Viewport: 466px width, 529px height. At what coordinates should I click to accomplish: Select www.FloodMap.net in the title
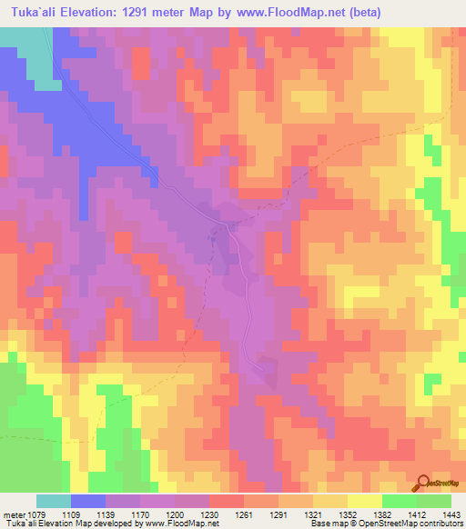pos(295,13)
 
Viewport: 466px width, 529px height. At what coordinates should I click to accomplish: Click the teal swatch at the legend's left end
pos(53,501)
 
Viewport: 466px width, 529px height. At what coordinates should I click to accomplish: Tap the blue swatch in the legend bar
pos(87,501)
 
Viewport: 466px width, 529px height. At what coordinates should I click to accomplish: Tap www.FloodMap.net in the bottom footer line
pos(182,524)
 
